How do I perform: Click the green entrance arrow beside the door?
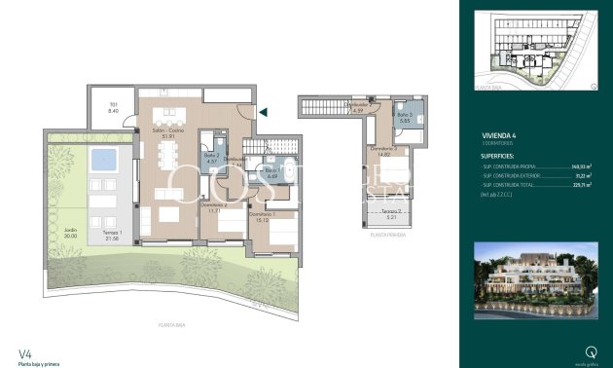coord(263,113)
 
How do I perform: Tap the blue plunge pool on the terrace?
coord(100,159)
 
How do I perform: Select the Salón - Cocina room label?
coord(166,133)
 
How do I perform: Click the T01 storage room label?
coord(113,108)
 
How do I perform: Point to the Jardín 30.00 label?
coord(69,234)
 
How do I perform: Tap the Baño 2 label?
coord(210,158)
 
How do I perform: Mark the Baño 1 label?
coord(270,172)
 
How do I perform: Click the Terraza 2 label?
coord(390,214)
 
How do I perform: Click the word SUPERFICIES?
coord(503,155)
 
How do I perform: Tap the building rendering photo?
coord(534,280)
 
